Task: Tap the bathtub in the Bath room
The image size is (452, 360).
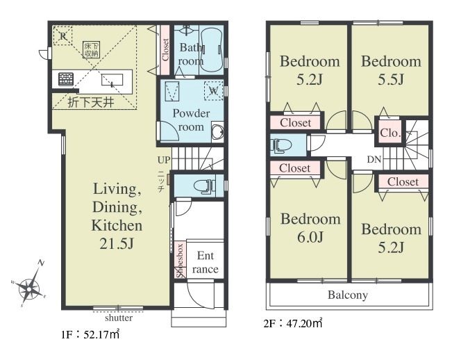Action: [211, 49]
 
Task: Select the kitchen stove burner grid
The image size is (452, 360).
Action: [66, 79]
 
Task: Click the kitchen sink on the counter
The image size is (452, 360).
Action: [112, 80]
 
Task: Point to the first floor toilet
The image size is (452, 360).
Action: [205, 186]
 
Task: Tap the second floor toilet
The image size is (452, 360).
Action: [281, 145]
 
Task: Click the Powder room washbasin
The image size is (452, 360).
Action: [217, 133]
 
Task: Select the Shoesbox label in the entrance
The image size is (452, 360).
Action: [180, 261]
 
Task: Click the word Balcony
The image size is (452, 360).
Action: [348, 295]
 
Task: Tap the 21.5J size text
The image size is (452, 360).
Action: [117, 244]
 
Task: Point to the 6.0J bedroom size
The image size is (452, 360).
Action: [310, 237]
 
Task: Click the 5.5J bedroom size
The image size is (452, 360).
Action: [391, 79]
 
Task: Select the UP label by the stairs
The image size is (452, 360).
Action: [164, 160]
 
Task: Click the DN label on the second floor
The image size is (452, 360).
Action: [374, 159]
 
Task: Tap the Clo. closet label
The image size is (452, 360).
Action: [390, 133]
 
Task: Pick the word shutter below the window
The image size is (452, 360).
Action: [119, 318]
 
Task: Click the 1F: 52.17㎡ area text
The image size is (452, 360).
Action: [90, 334]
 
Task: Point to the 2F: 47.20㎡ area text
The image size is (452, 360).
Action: [293, 323]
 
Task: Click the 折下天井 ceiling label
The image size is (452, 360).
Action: [91, 102]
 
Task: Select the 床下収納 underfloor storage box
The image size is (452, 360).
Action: [92, 49]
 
